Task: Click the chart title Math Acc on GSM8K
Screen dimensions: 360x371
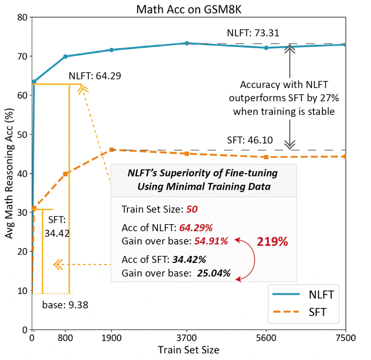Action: (x=188, y=9)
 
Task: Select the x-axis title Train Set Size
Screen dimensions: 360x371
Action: (x=188, y=350)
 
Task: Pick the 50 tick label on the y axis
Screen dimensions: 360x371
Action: (x=22, y=134)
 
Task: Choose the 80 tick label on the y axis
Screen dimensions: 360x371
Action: (x=22, y=17)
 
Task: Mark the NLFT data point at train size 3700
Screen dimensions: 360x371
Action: (x=187, y=43)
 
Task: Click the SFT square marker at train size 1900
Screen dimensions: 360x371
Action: (x=112, y=150)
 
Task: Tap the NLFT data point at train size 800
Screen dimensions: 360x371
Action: (x=66, y=56)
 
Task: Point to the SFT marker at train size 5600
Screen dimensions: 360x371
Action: (x=266, y=157)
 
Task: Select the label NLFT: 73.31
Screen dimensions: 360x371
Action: (x=253, y=33)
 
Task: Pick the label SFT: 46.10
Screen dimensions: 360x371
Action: (x=250, y=140)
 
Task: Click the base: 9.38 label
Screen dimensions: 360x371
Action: (x=65, y=305)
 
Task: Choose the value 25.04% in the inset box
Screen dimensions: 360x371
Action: (x=214, y=273)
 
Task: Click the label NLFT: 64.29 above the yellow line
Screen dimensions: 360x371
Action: (x=95, y=76)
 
